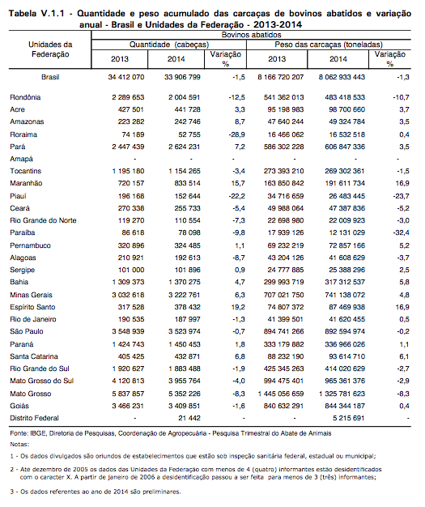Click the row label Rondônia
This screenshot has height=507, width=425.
pyautogui.click(x=25, y=97)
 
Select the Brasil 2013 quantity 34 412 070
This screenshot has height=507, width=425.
pyautogui.click(x=126, y=77)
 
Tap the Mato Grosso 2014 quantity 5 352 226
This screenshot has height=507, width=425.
pyautogui.click(x=185, y=394)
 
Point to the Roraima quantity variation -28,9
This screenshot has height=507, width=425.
pyautogui.click(x=236, y=134)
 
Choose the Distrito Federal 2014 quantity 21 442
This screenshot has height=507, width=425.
pyautogui.click(x=189, y=418)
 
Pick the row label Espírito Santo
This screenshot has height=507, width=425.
pyautogui.click(x=32, y=307)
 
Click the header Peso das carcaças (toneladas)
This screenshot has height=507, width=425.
pyautogui.click(x=329, y=45)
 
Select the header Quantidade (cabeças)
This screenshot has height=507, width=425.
pyautogui.click(x=169, y=45)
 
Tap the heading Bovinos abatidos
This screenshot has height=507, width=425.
pyautogui.click(x=251, y=35)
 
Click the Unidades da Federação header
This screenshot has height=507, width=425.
pyautogui.click(x=50, y=49)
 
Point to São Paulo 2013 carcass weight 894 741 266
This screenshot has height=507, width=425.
pyautogui.click(x=284, y=331)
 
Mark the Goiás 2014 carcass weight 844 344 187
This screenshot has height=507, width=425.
pyautogui.click(x=345, y=406)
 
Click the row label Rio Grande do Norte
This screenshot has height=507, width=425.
pyautogui.click(x=43, y=220)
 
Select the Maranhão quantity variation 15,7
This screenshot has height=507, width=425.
pyautogui.click(x=238, y=183)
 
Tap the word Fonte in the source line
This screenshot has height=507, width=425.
pyautogui.click(x=19, y=433)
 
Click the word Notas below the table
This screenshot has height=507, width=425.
pyautogui.click(x=19, y=445)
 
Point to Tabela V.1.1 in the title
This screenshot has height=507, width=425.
pyautogui.click(x=36, y=14)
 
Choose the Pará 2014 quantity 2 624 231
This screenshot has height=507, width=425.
pyautogui.click(x=185, y=147)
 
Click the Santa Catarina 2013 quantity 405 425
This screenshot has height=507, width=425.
pyautogui.click(x=131, y=356)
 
